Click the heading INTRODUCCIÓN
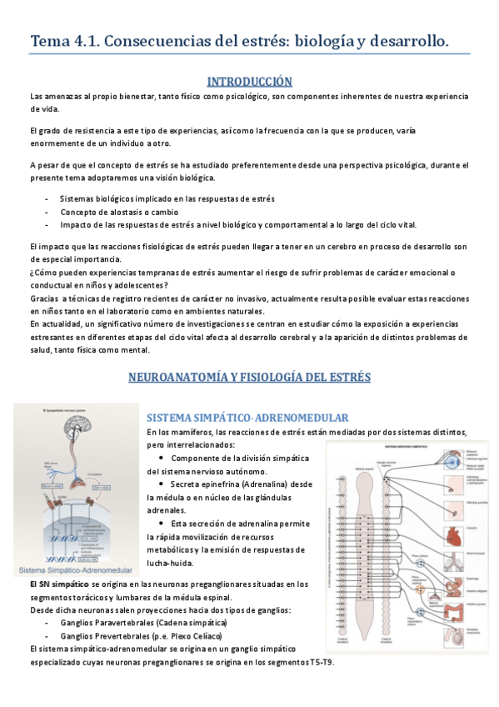point(249,81)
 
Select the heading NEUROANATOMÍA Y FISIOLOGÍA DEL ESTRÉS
point(249,377)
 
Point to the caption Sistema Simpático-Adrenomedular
point(72,570)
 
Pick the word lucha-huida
point(168,564)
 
